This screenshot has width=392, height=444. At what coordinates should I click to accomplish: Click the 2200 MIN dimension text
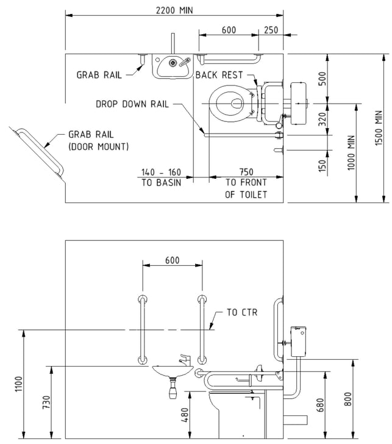coord(174,10)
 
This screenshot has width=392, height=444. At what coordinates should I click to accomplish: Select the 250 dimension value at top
coord(271,30)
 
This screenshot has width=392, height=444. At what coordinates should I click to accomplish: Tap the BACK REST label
coord(219,75)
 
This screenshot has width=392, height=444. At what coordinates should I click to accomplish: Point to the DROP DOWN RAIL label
coord(132,104)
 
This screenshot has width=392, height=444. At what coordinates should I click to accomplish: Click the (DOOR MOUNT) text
coord(99,146)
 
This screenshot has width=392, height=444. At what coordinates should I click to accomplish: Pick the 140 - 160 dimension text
coord(161,172)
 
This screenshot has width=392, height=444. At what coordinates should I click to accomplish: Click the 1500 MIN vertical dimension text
coord(379,128)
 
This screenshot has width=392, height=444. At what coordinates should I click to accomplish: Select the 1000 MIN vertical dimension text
coord(351,153)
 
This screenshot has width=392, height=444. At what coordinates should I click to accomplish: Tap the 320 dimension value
coord(322,119)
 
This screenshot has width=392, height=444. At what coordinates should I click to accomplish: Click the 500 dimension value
coord(322,79)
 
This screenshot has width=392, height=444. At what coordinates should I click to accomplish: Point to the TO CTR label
coord(242,312)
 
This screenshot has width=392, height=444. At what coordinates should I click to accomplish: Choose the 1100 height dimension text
coord(18,384)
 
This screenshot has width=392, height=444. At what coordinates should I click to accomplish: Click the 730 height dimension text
coord(46,403)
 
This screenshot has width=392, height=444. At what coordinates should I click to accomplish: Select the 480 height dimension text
coord(185,415)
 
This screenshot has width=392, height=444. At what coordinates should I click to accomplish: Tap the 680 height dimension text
coord(320,405)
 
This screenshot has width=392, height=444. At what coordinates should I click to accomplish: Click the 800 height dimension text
coord(348,399)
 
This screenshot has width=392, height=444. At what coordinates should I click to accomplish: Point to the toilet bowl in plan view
coord(229,104)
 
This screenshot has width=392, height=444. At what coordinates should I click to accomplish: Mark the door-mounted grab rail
coord(40,151)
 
